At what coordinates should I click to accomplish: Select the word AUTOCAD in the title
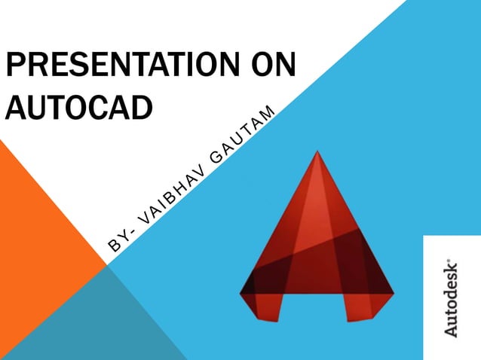78,107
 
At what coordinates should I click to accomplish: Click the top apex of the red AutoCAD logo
317,154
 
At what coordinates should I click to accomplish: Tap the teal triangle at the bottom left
90,324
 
